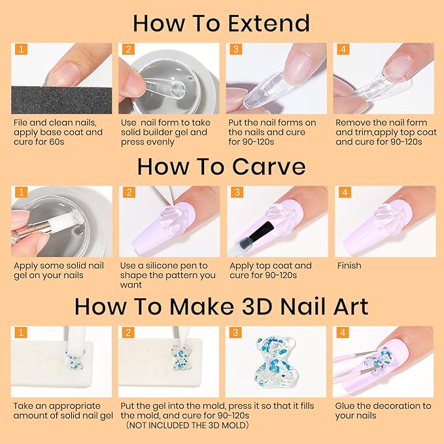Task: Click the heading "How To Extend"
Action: tap(221, 23)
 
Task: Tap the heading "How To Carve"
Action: tap(221, 166)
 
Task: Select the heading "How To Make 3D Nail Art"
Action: tap(221, 306)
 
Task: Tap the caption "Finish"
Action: tap(349, 266)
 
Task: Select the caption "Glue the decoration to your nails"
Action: tap(383, 411)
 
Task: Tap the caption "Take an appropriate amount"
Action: tap(63, 411)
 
